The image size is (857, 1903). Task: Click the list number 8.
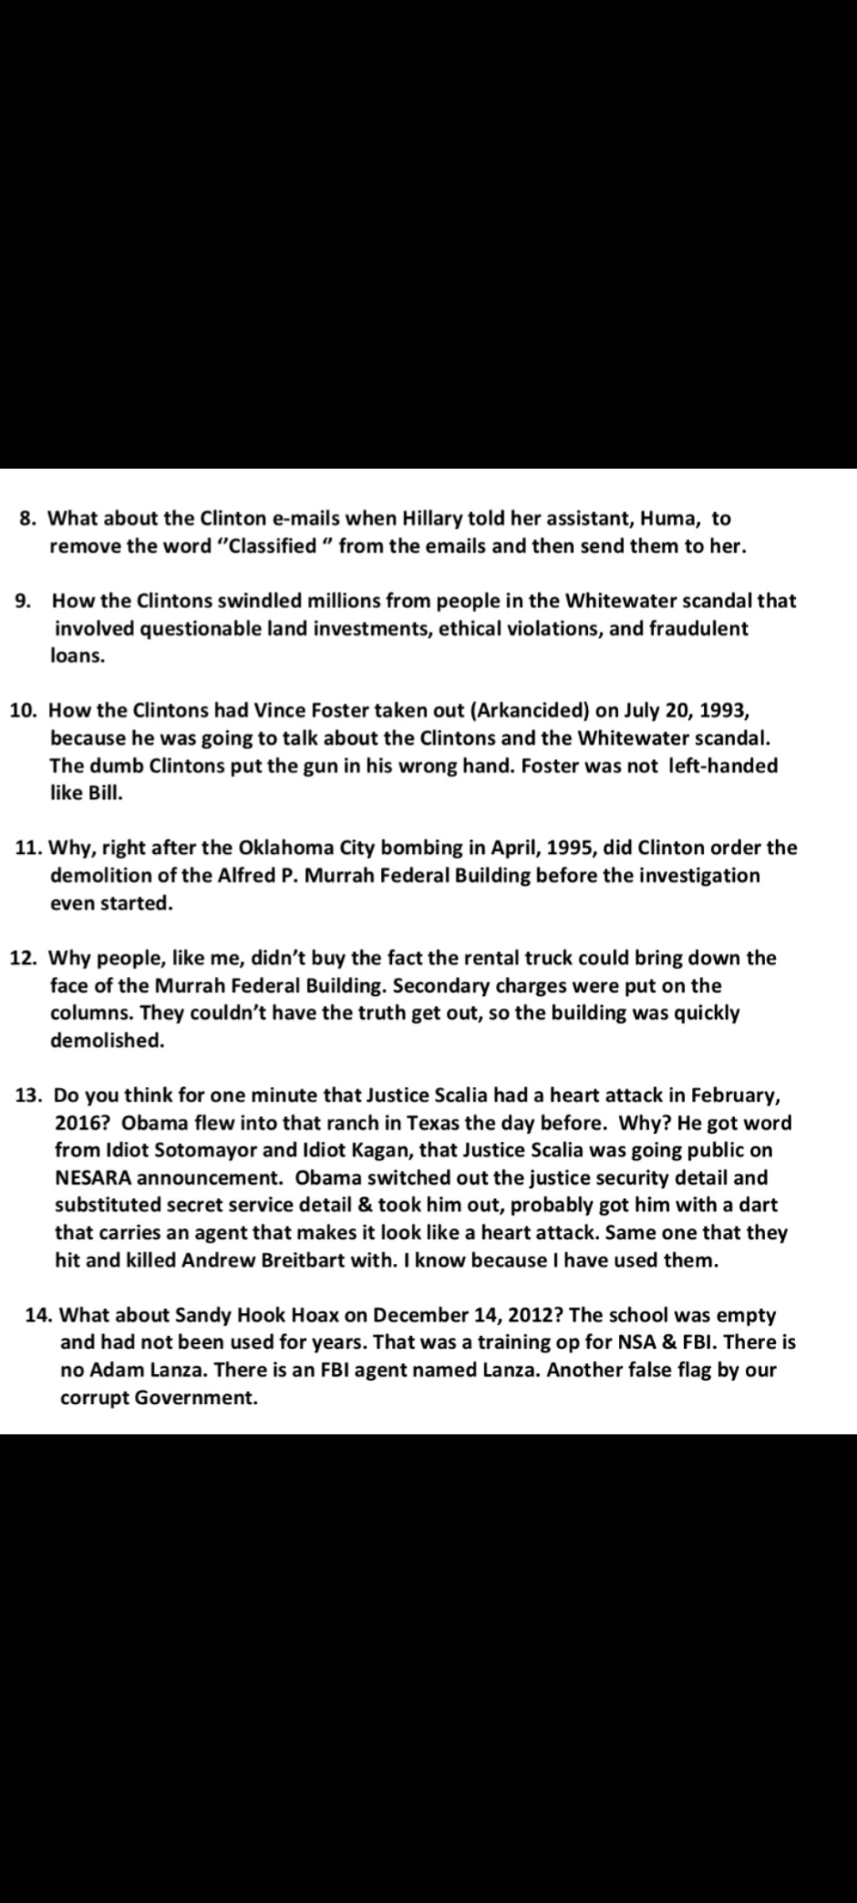coord(27,519)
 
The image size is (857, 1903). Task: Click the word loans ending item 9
coord(77,657)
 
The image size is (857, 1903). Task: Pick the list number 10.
coord(24,710)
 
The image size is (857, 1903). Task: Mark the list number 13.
coord(29,1096)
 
